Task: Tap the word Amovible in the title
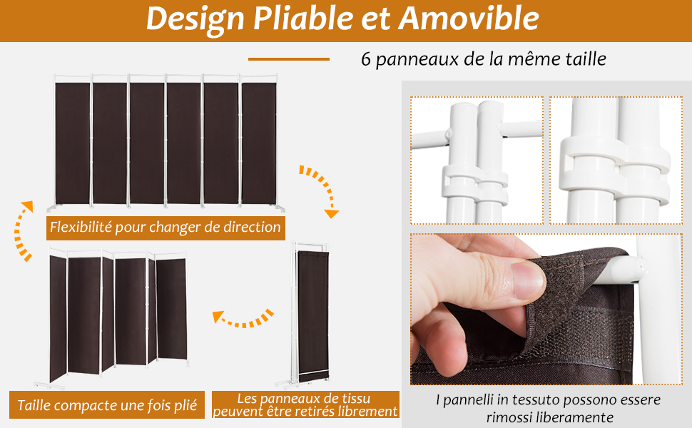coord(469,19)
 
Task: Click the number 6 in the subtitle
coord(366,59)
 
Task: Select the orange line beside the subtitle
coord(288,59)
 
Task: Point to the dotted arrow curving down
coord(319,190)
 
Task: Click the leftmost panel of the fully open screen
coord(72,143)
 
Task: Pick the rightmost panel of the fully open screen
coord(258,143)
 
